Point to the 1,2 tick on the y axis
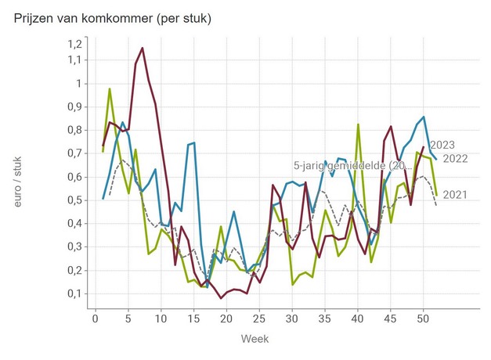[73, 43]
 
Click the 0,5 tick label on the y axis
[73, 200]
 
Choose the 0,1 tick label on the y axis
[73, 293]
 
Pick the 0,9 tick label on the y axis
[73, 106]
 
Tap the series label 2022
[455, 159]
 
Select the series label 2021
[455, 194]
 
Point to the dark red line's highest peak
[143, 49]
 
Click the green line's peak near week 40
[358, 124]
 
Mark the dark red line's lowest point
[221, 298]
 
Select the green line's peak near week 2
[110, 88]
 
